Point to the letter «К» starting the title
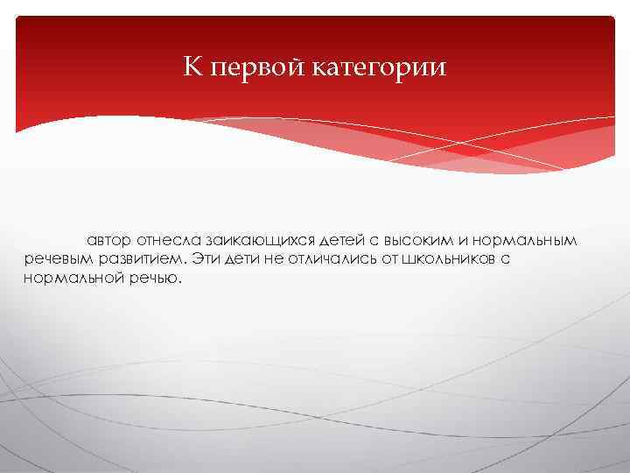point(192,67)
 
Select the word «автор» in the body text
point(108,240)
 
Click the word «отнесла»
point(168,240)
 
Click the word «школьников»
point(446,260)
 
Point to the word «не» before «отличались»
point(276,260)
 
